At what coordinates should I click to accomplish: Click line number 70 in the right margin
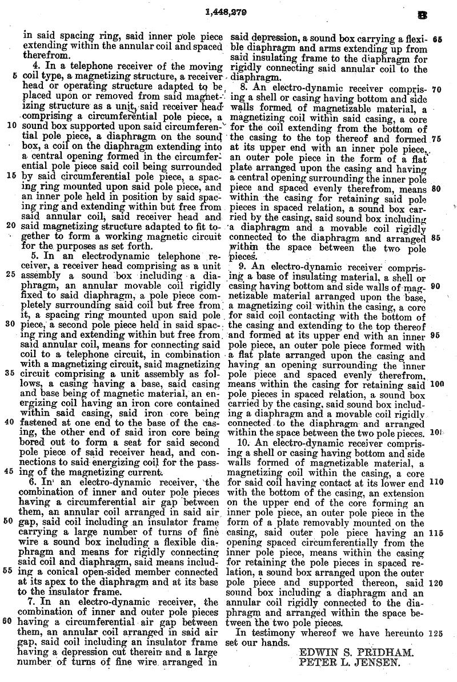pos(438,90)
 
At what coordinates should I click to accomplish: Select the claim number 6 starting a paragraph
pos(36,483)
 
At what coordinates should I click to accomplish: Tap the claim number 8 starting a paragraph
pos(242,90)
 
